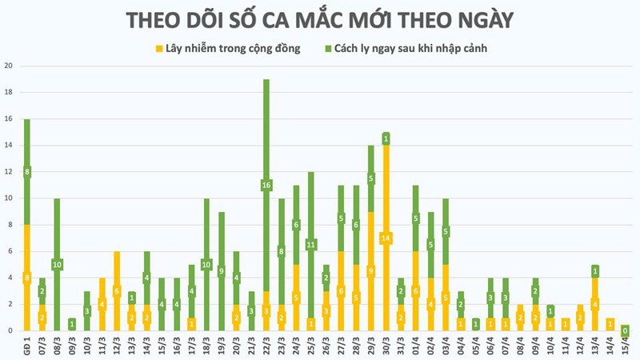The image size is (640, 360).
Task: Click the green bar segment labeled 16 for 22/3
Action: [x=266, y=185]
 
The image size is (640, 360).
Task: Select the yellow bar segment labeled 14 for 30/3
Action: [x=386, y=238]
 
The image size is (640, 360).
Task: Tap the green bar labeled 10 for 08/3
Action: [x=57, y=264]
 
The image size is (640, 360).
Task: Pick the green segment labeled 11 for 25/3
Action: [x=310, y=244]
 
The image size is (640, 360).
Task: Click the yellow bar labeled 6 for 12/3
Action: [x=117, y=291]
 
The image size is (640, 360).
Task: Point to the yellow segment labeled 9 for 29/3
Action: [x=370, y=270]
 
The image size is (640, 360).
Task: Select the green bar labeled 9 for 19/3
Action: [x=221, y=271]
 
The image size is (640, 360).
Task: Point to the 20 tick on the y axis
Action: [x=9, y=66]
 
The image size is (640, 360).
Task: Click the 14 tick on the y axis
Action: [x=9, y=146]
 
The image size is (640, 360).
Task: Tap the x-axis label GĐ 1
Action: [x=27, y=345]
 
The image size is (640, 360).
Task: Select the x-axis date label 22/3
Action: [x=266, y=345]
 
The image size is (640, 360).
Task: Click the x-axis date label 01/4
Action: [x=416, y=345]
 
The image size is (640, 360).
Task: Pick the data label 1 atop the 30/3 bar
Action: [x=386, y=139]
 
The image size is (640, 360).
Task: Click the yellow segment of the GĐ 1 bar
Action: [x=27, y=278]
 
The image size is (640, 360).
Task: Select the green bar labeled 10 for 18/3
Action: [x=206, y=264]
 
